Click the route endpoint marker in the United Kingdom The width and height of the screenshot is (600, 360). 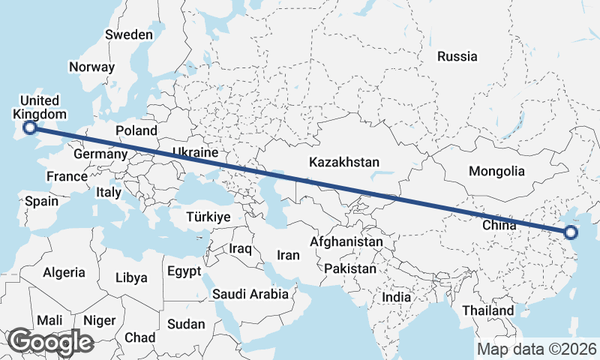point(30,127)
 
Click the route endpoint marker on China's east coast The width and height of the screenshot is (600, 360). point(571,232)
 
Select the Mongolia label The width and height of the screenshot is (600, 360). point(496,171)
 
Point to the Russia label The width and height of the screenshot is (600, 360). point(457,56)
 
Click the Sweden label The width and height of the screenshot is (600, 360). point(129,34)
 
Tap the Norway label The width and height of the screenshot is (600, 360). point(91,67)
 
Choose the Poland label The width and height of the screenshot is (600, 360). point(136,131)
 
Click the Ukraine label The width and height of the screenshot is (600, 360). point(195,152)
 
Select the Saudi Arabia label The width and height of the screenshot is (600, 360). point(250,294)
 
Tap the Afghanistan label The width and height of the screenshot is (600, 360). point(346,242)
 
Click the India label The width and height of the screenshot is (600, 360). point(396,297)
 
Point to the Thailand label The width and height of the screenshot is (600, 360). point(488,310)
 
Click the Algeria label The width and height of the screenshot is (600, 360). point(64,273)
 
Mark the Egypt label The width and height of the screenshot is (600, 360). point(184,271)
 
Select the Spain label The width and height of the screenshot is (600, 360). point(41,201)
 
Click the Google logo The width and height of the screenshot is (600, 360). point(50,342)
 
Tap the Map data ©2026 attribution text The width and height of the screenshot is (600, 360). point(537,349)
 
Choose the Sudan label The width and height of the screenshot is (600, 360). point(185,324)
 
